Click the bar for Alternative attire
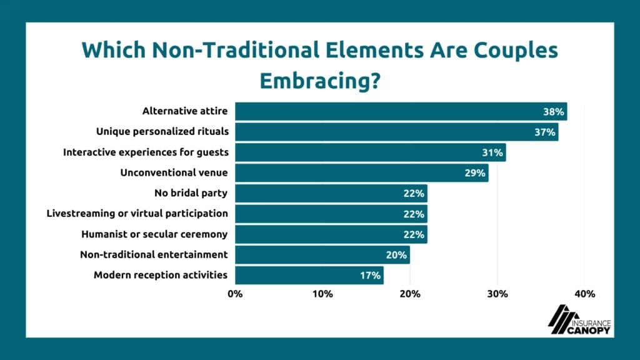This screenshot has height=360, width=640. tap(401, 112)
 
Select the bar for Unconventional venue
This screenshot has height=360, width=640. tap(361, 173)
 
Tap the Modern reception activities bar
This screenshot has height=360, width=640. tap(309, 275)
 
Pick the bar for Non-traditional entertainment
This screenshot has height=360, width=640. tap(322, 255)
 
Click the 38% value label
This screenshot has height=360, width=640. tap(554, 112)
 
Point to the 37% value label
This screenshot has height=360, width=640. tap(545, 132)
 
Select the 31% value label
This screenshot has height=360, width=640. tap(493, 153)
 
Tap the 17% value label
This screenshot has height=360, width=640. tap(371, 276)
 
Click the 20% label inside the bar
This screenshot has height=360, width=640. tap(397, 255)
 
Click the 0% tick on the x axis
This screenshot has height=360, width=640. tap(235, 294)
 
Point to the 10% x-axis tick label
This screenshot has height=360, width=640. tap(322, 294)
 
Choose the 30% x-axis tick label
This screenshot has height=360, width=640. tap(497, 294)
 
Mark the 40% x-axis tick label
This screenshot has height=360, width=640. tap(584, 294)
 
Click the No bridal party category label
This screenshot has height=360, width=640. tap(191, 193)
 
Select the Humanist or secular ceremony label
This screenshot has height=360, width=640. tap(154, 234)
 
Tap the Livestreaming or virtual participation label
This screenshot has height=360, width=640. tap(137, 214)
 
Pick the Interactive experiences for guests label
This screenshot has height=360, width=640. tap(146, 152)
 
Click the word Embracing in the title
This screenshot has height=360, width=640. tap(319, 81)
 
